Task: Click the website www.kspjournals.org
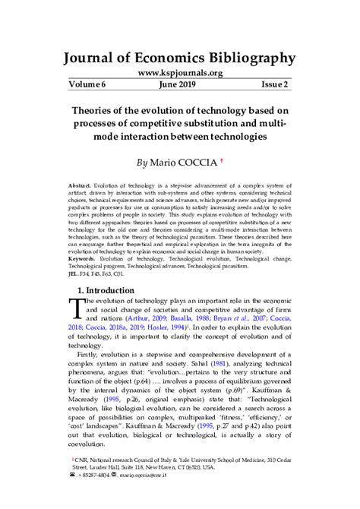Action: pyautogui.click(x=180, y=73)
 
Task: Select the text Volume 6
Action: pyautogui.click(x=88, y=86)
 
